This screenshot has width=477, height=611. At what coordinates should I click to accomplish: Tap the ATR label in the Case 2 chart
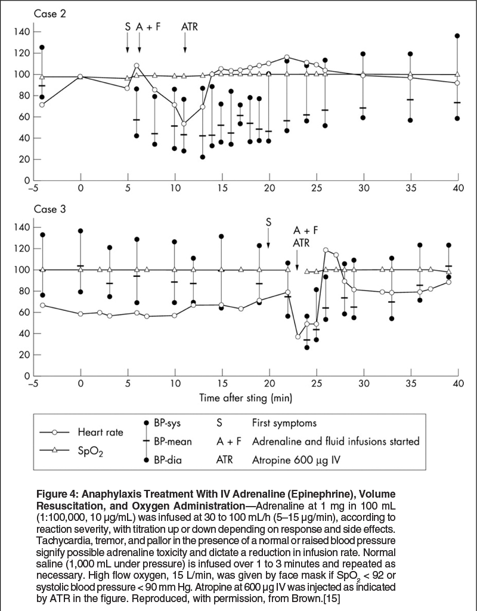[190, 26]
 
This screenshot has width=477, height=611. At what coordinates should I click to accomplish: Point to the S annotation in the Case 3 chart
[268, 222]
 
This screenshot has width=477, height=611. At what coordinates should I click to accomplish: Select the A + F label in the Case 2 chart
[148, 26]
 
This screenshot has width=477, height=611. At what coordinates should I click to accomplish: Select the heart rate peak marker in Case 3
[326, 250]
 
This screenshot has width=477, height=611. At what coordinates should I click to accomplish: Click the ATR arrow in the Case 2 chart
[185, 42]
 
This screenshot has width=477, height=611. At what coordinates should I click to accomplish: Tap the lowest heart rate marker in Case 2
[184, 124]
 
